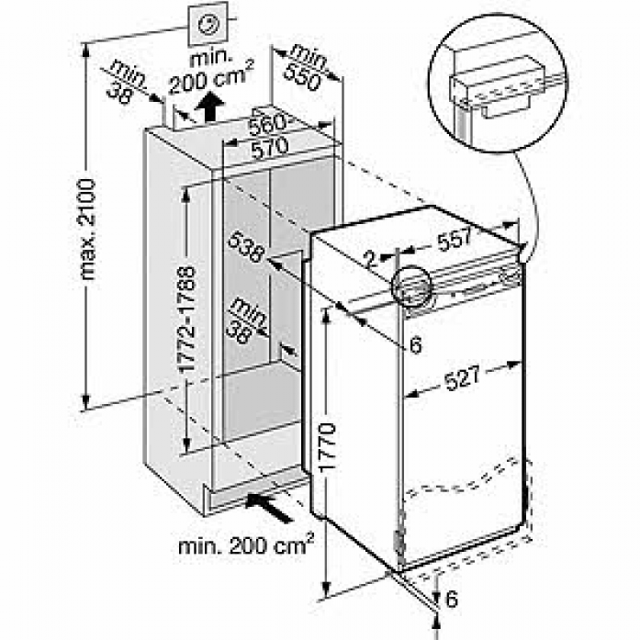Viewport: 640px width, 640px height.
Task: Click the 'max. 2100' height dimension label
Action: tap(88, 229)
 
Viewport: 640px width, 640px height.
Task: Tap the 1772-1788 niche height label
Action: tap(188, 319)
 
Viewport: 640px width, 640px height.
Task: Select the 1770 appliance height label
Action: tap(328, 447)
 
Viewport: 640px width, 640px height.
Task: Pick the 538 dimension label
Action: tap(245, 247)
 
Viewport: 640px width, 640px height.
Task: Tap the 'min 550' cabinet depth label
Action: tap(305, 68)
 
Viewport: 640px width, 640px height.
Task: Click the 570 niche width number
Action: tap(269, 148)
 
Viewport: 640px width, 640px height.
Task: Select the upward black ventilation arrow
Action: tap(209, 107)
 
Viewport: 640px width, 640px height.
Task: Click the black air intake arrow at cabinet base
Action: tap(269, 507)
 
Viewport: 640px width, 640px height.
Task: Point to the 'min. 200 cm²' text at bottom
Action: tap(246, 545)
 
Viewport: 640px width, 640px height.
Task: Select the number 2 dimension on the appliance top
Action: tap(370, 259)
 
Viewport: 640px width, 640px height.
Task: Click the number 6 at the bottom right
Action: tap(452, 600)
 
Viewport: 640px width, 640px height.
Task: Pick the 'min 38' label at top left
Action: tap(124, 82)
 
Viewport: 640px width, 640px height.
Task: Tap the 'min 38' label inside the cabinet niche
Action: tap(245, 321)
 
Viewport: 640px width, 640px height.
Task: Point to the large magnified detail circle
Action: tap(498, 83)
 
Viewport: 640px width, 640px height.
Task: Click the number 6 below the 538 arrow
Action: tap(415, 345)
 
